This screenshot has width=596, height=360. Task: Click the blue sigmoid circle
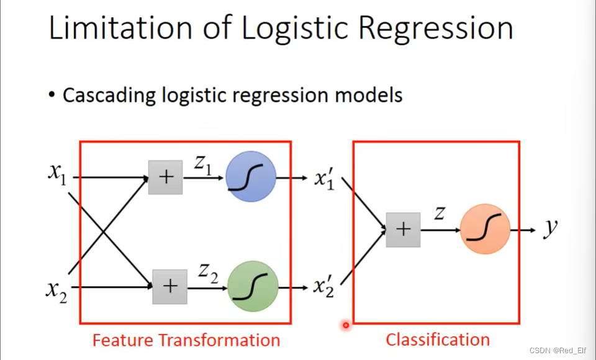click(251, 176)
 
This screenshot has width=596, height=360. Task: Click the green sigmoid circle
click(253, 286)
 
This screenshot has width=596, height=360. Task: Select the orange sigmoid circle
click(485, 229)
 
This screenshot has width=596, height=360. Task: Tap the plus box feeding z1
click(165, 177)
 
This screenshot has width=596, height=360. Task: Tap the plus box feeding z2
click(170, 287)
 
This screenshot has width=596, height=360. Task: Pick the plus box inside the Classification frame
click(404, 230)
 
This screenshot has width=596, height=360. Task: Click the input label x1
click(57, 174)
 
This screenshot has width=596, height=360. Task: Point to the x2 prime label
click(324, 287)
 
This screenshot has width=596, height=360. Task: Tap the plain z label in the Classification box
click(440, 214)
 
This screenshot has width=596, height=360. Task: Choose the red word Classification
click(438, 340)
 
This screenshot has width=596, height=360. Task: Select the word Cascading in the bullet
click(109, 95)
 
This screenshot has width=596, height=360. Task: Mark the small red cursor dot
click(346, 325)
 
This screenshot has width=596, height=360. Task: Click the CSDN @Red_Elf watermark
click(558, 350)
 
